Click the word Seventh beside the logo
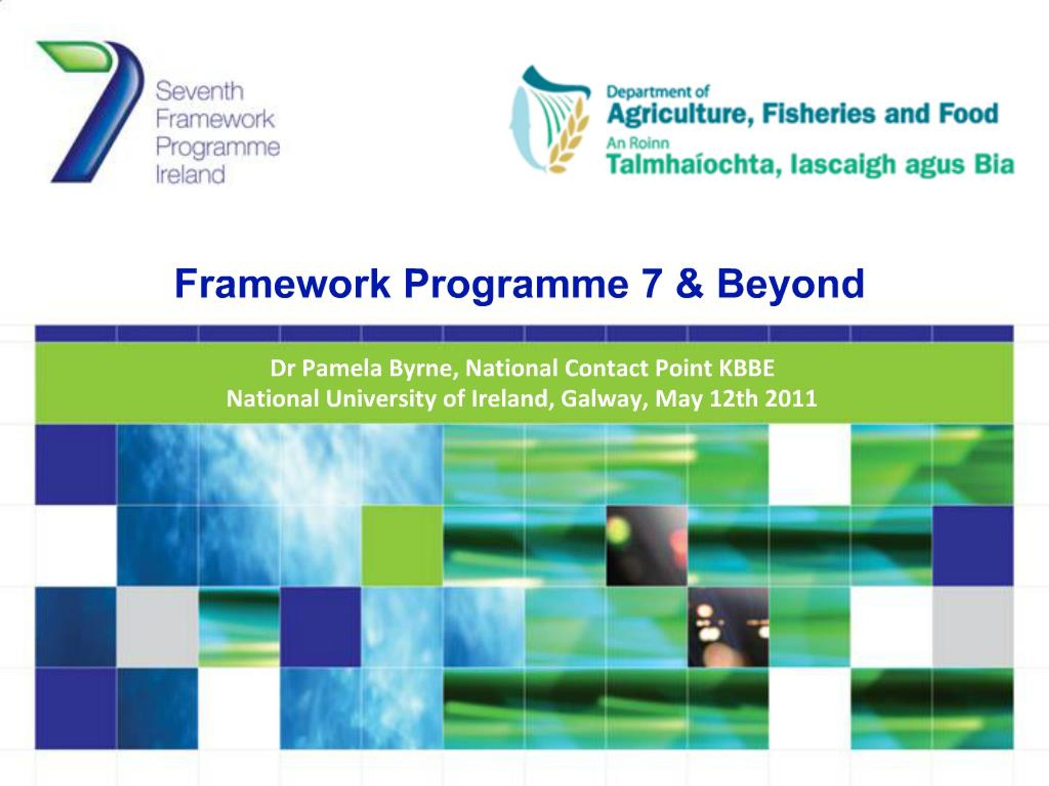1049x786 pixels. point(199,91)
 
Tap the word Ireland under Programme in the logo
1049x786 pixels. point(190,174)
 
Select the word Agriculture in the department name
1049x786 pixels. point(681,114)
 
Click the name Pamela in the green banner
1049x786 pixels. point(341,368)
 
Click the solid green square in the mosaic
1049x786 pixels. point(402,545)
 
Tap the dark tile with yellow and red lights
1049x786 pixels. point(646,545)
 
